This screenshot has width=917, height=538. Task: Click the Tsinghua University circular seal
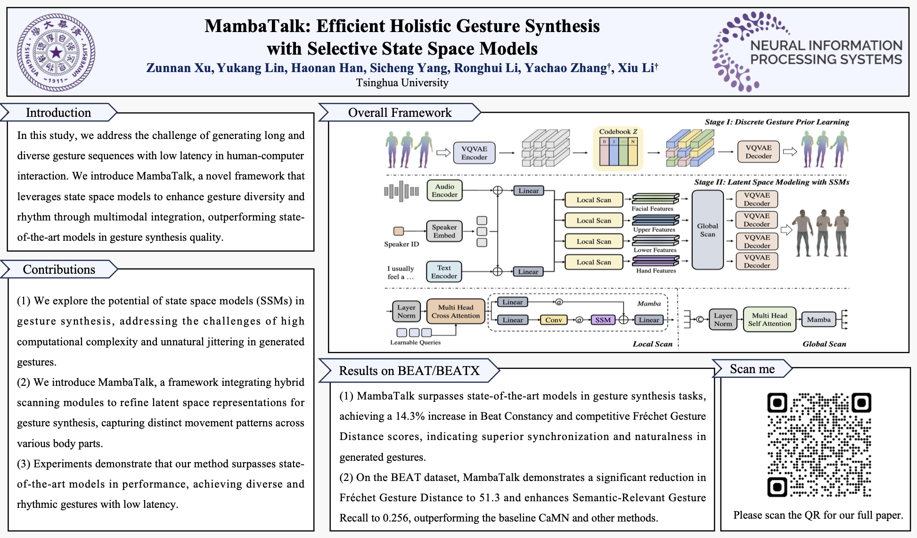(56, 52)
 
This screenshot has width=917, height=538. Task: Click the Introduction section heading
(58, 113)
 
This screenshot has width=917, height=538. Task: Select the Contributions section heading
(59, 269)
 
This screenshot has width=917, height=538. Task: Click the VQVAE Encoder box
(474, 153)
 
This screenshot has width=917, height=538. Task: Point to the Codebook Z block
(618, 148)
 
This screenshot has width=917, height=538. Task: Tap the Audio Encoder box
(444, 190)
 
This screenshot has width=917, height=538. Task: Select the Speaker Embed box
(444, 231)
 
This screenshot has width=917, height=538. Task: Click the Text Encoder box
(443, 272)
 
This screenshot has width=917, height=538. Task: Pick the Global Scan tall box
(707, 230)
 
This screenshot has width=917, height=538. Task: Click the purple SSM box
(603, 320)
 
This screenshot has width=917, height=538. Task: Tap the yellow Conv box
(553, 320)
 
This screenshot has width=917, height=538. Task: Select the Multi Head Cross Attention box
(455, 311)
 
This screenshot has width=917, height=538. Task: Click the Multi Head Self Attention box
(769, 319)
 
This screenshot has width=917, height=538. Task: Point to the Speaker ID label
(401, 244)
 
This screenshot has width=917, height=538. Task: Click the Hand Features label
(655, 270)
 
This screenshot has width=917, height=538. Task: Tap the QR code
(819, 445)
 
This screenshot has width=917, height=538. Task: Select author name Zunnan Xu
(178, 68)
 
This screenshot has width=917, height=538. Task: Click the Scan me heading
(752, 369)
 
